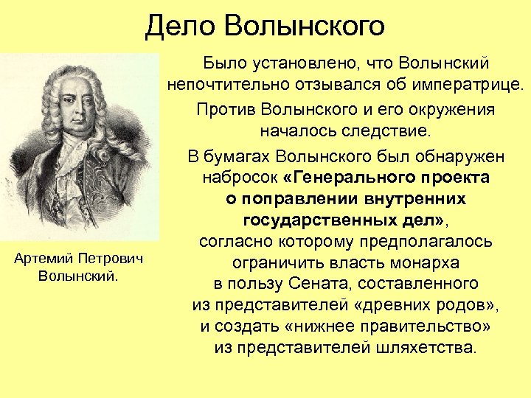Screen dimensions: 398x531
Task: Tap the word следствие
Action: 389,131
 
